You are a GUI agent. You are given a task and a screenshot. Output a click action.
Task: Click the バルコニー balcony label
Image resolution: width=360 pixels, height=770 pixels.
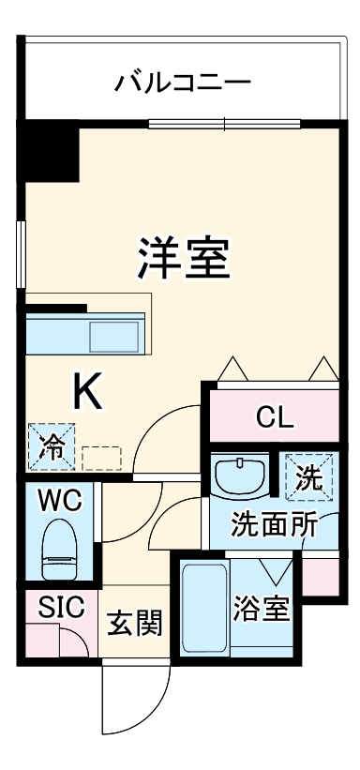184,83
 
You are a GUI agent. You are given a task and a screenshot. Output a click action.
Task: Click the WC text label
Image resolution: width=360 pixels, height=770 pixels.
60,500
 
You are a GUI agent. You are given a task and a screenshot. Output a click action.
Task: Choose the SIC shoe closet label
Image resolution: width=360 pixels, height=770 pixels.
61,607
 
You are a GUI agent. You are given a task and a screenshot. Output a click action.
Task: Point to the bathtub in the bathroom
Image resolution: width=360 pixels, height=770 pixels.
203,608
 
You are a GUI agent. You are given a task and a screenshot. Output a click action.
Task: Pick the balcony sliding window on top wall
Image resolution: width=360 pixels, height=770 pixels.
225,123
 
